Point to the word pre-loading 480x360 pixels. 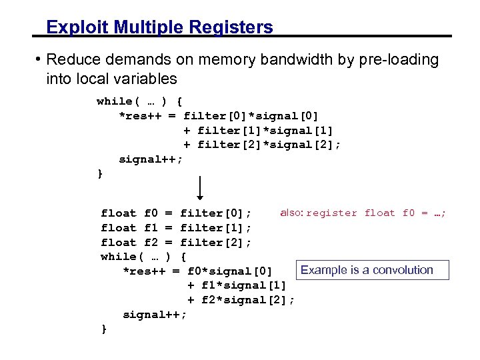point(402,60)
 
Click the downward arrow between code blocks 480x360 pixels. point(201,187)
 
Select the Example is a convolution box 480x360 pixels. point(366,270)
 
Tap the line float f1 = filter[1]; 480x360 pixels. point(176,228)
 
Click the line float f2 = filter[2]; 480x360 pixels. point(176,243)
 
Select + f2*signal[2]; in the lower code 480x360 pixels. point(241,300)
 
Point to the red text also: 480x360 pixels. point(291,213)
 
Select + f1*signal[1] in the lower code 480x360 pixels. point(237,285)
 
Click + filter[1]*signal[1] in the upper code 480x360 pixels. point(259,131)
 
